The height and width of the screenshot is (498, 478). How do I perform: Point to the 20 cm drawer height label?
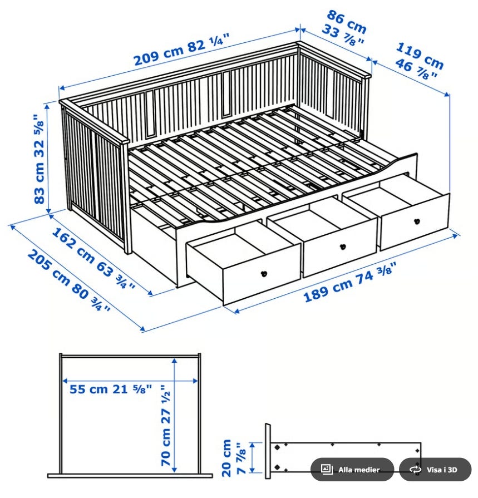226,458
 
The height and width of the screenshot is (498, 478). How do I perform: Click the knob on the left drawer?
264,273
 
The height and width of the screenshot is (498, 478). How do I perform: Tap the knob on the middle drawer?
343,246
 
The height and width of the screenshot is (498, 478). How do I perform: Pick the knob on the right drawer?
417,221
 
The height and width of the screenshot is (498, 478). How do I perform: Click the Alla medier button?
352,469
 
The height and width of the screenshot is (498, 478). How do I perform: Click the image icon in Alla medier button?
327,469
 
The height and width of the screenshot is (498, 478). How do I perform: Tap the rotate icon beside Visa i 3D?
415,470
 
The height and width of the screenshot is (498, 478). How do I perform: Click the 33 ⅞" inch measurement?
342,36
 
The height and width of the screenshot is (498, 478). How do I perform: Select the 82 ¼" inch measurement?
209,43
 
